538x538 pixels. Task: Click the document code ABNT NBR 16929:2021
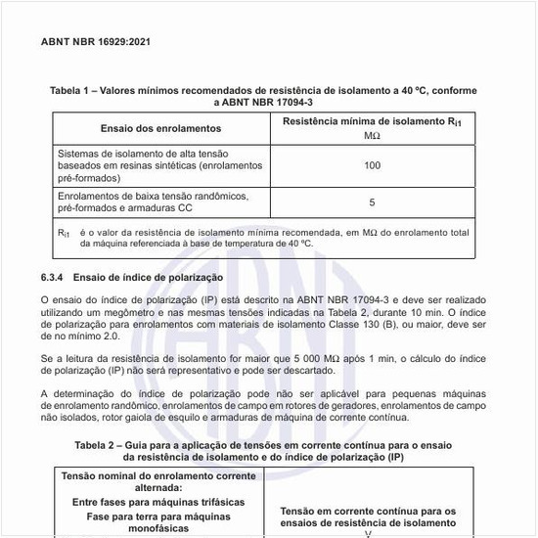96,42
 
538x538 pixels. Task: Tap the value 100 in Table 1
372,165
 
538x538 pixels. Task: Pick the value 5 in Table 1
372,202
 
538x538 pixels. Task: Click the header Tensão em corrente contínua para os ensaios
369,516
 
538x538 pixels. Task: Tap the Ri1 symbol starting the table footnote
64,234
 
